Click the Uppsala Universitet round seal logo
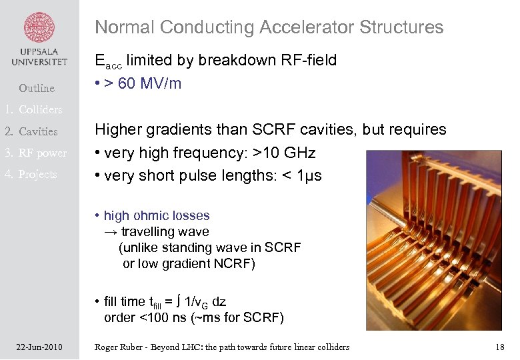(39, 27)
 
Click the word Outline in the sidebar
(37, 88)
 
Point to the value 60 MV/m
(149, 84)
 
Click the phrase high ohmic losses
(157, 215)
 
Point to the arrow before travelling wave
(110, 232)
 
